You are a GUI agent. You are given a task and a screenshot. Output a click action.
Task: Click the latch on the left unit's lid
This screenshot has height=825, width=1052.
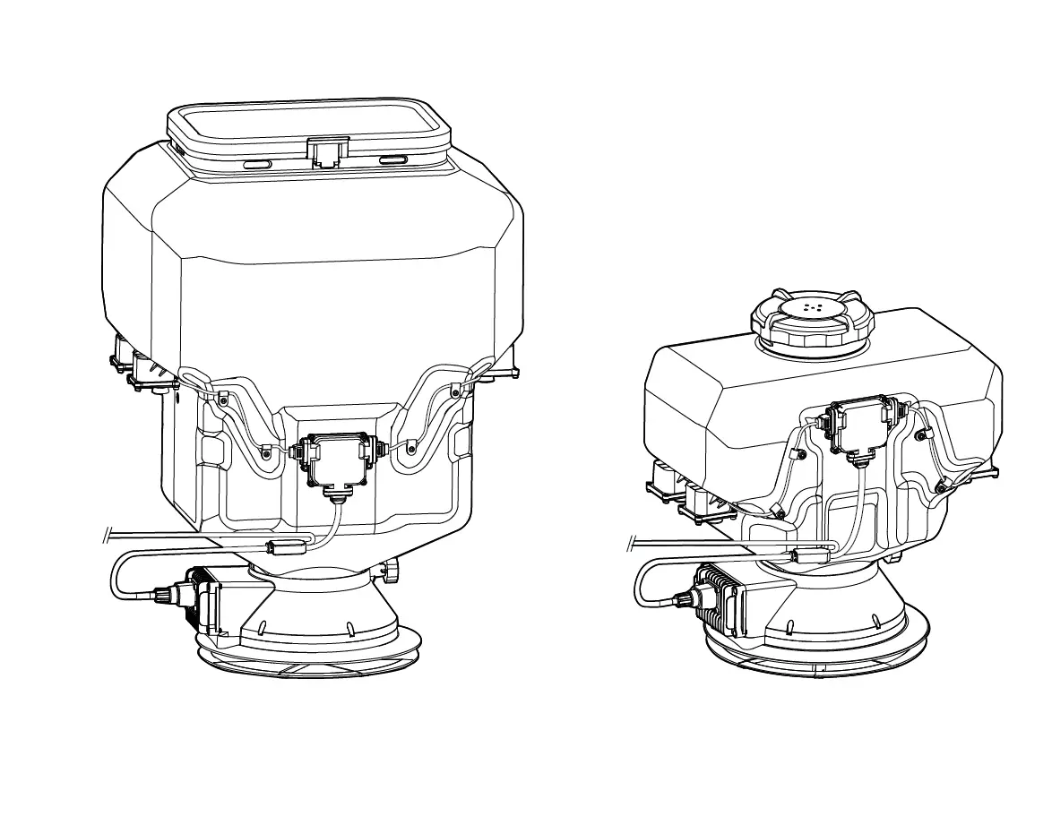[326, 152]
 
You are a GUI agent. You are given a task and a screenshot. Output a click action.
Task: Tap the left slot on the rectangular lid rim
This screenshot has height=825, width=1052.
[257, 164]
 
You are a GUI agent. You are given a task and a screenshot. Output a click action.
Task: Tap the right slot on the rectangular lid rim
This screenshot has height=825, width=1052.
[392, 160]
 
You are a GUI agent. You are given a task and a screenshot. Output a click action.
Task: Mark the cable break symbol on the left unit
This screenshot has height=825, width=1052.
[107, 537]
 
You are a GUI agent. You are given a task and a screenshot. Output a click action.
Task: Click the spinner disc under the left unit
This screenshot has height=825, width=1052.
[309, 660]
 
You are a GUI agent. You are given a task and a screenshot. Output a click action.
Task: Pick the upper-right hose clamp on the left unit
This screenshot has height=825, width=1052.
[455, 391]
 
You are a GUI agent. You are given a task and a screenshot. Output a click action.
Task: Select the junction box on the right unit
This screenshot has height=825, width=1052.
[858, 426]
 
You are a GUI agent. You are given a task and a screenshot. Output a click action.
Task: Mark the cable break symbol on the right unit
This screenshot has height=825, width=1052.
[632, 543]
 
